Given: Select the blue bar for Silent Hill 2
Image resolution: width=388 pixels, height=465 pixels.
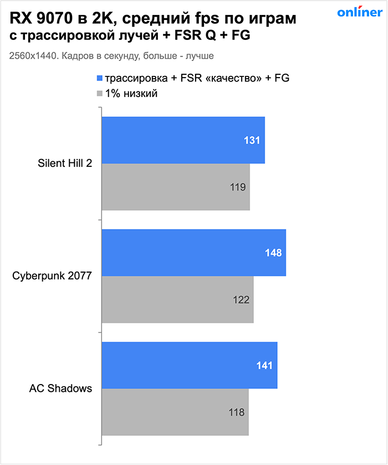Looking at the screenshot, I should click(183, 140).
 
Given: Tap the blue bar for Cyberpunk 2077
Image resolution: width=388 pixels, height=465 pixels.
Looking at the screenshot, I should click(193, 253).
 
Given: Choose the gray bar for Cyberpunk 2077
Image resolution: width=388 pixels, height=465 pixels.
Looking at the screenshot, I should click(177, 299).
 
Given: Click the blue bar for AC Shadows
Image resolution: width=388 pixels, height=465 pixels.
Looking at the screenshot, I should click(189, 365).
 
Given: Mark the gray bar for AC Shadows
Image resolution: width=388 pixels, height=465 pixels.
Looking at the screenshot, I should click(175, 412).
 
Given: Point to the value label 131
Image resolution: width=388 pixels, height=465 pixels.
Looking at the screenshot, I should click(252, 141).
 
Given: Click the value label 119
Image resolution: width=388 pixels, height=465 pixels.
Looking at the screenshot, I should click(238, 187).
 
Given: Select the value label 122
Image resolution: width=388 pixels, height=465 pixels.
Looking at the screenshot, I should click(241, 300).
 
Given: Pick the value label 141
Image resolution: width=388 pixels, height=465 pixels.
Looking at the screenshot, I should click(264, 366).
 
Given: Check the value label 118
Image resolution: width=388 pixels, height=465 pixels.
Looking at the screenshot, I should click(236, 412).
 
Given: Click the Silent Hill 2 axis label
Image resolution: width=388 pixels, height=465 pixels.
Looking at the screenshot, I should click(65, 163).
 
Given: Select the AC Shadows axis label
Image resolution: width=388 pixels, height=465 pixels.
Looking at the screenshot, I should click(60, 389).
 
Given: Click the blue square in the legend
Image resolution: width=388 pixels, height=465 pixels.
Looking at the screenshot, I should click(100, 79).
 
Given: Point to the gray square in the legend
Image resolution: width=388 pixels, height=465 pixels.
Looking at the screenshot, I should click(100, 94).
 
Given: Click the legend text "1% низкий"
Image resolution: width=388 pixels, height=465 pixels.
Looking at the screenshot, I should click(131, 94).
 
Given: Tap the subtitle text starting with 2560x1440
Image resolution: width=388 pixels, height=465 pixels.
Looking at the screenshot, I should click(111, 56).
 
